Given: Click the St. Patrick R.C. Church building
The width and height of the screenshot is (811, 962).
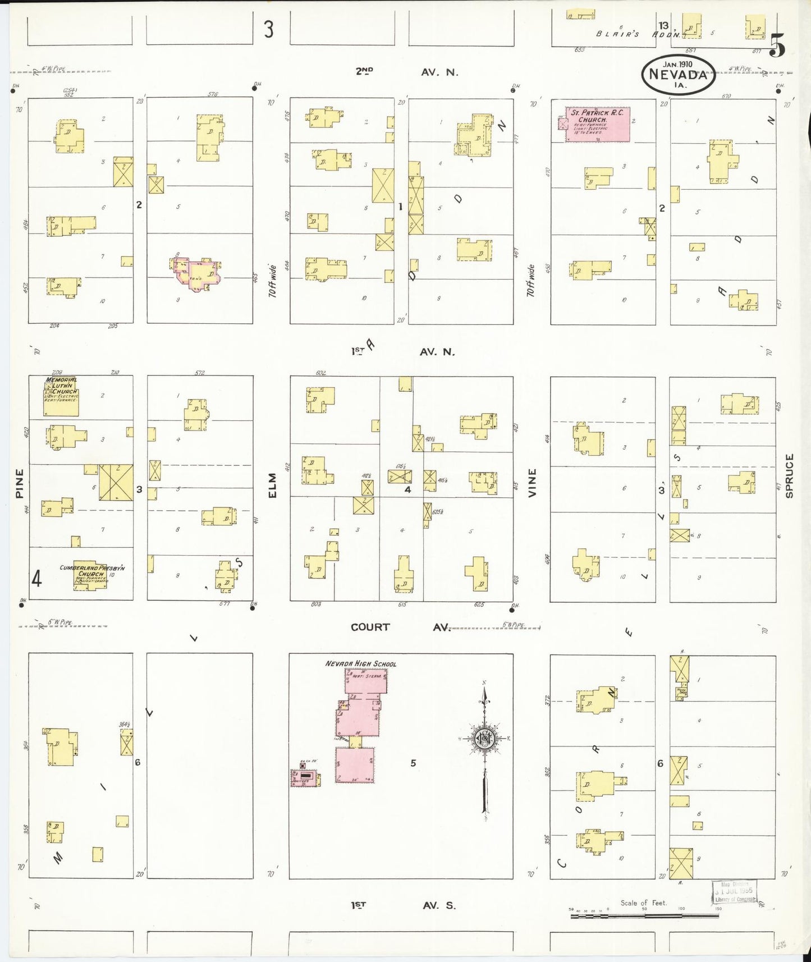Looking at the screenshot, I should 597,124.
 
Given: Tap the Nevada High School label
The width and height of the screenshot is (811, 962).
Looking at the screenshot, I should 360,663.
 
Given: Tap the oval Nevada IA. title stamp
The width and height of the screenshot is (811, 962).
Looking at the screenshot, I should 679,74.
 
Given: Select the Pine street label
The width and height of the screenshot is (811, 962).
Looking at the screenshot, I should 20,483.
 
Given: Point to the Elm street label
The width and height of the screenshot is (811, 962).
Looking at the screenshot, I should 273,485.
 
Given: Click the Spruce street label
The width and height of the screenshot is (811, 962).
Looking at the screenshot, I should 789,476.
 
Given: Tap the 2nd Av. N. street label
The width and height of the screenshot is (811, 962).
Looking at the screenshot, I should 407,72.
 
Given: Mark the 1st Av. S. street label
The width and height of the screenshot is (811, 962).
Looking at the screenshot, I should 403,905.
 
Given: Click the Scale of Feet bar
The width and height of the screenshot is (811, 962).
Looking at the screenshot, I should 644,915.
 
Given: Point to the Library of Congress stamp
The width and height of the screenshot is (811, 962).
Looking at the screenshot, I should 734,892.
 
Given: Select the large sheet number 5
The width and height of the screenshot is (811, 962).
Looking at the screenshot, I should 777,45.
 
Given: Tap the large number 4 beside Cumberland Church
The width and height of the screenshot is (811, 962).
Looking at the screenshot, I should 36,578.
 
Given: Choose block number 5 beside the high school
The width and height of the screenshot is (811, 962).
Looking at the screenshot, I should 413,763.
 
